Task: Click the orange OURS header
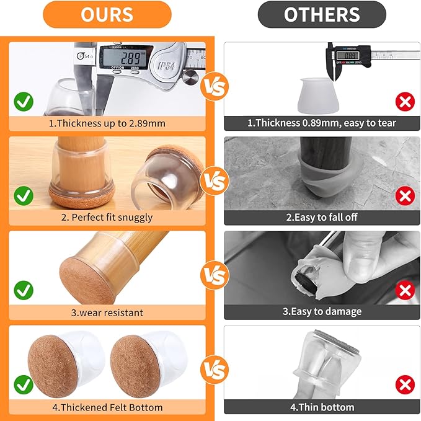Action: tap(107, 14)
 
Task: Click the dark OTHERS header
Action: tap(322, 14)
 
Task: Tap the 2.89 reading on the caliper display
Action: tap(129, 58)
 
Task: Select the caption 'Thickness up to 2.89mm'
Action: tap(107, 123)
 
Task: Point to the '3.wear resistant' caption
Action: tap(106, 312)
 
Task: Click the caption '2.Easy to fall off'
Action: tap(322, 217)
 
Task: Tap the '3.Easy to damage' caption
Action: tap(322, 311)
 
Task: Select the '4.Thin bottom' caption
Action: tap(322, 407)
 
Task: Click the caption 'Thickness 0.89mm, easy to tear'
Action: tap(322, 123)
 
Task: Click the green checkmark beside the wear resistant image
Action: tap(24, 290)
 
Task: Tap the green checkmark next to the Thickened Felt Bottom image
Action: tap(24, 384)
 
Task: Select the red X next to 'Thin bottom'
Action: tap(405, 384)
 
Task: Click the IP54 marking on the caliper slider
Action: tap(167, 65)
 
